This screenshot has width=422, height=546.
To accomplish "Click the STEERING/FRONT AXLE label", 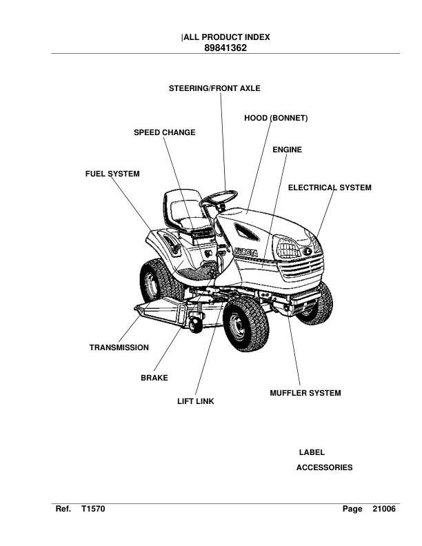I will click(214, 88).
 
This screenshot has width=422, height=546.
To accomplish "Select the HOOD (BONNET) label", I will click(275, 119).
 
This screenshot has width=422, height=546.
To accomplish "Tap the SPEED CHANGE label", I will click(164, 132).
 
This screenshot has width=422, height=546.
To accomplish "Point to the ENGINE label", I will click(287, 150).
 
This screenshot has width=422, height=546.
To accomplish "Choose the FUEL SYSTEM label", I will click(112, 174).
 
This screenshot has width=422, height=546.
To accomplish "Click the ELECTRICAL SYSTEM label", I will click(329, 188).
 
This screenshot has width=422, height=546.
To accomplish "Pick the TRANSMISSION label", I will click(119, 347).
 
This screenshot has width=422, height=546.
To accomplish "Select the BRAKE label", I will click(154, 378).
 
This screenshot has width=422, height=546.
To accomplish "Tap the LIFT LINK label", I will click(196, 402).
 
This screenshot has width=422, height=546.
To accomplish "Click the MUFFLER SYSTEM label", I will click(305, 394).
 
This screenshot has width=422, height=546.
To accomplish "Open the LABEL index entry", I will click(312, 452).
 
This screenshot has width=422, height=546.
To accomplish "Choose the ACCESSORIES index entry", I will click(324, 467).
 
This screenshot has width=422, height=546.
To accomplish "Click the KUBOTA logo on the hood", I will click(245, 252).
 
